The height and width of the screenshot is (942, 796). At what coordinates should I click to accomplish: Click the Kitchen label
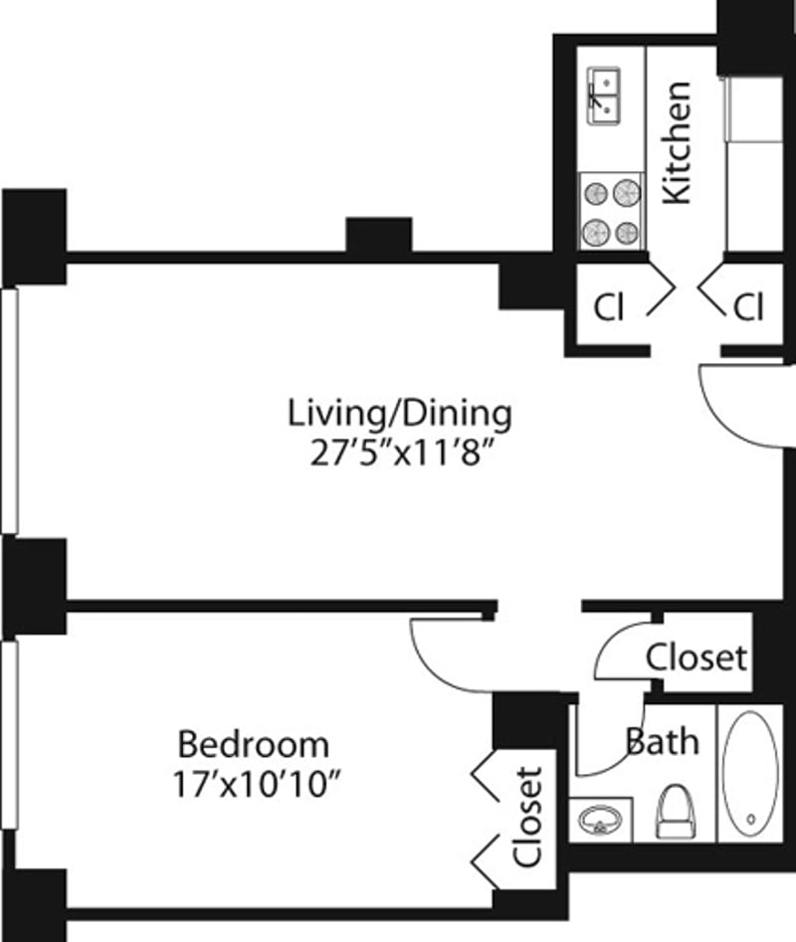pos(677,142)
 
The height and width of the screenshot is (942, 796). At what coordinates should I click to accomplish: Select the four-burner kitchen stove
pos(610,211)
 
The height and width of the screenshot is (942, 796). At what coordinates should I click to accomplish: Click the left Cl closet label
pos(608,308)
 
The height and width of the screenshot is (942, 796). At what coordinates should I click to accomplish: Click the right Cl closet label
pos(748,308)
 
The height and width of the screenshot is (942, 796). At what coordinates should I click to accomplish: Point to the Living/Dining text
pos(400,411)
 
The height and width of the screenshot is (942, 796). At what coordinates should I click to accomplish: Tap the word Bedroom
pos(253,743)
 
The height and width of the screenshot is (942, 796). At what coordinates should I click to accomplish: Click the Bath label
pos(662,741)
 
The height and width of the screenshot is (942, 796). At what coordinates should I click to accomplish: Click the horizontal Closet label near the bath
pos(696,657)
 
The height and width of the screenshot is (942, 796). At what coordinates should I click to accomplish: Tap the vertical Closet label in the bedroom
pos(528,815)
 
